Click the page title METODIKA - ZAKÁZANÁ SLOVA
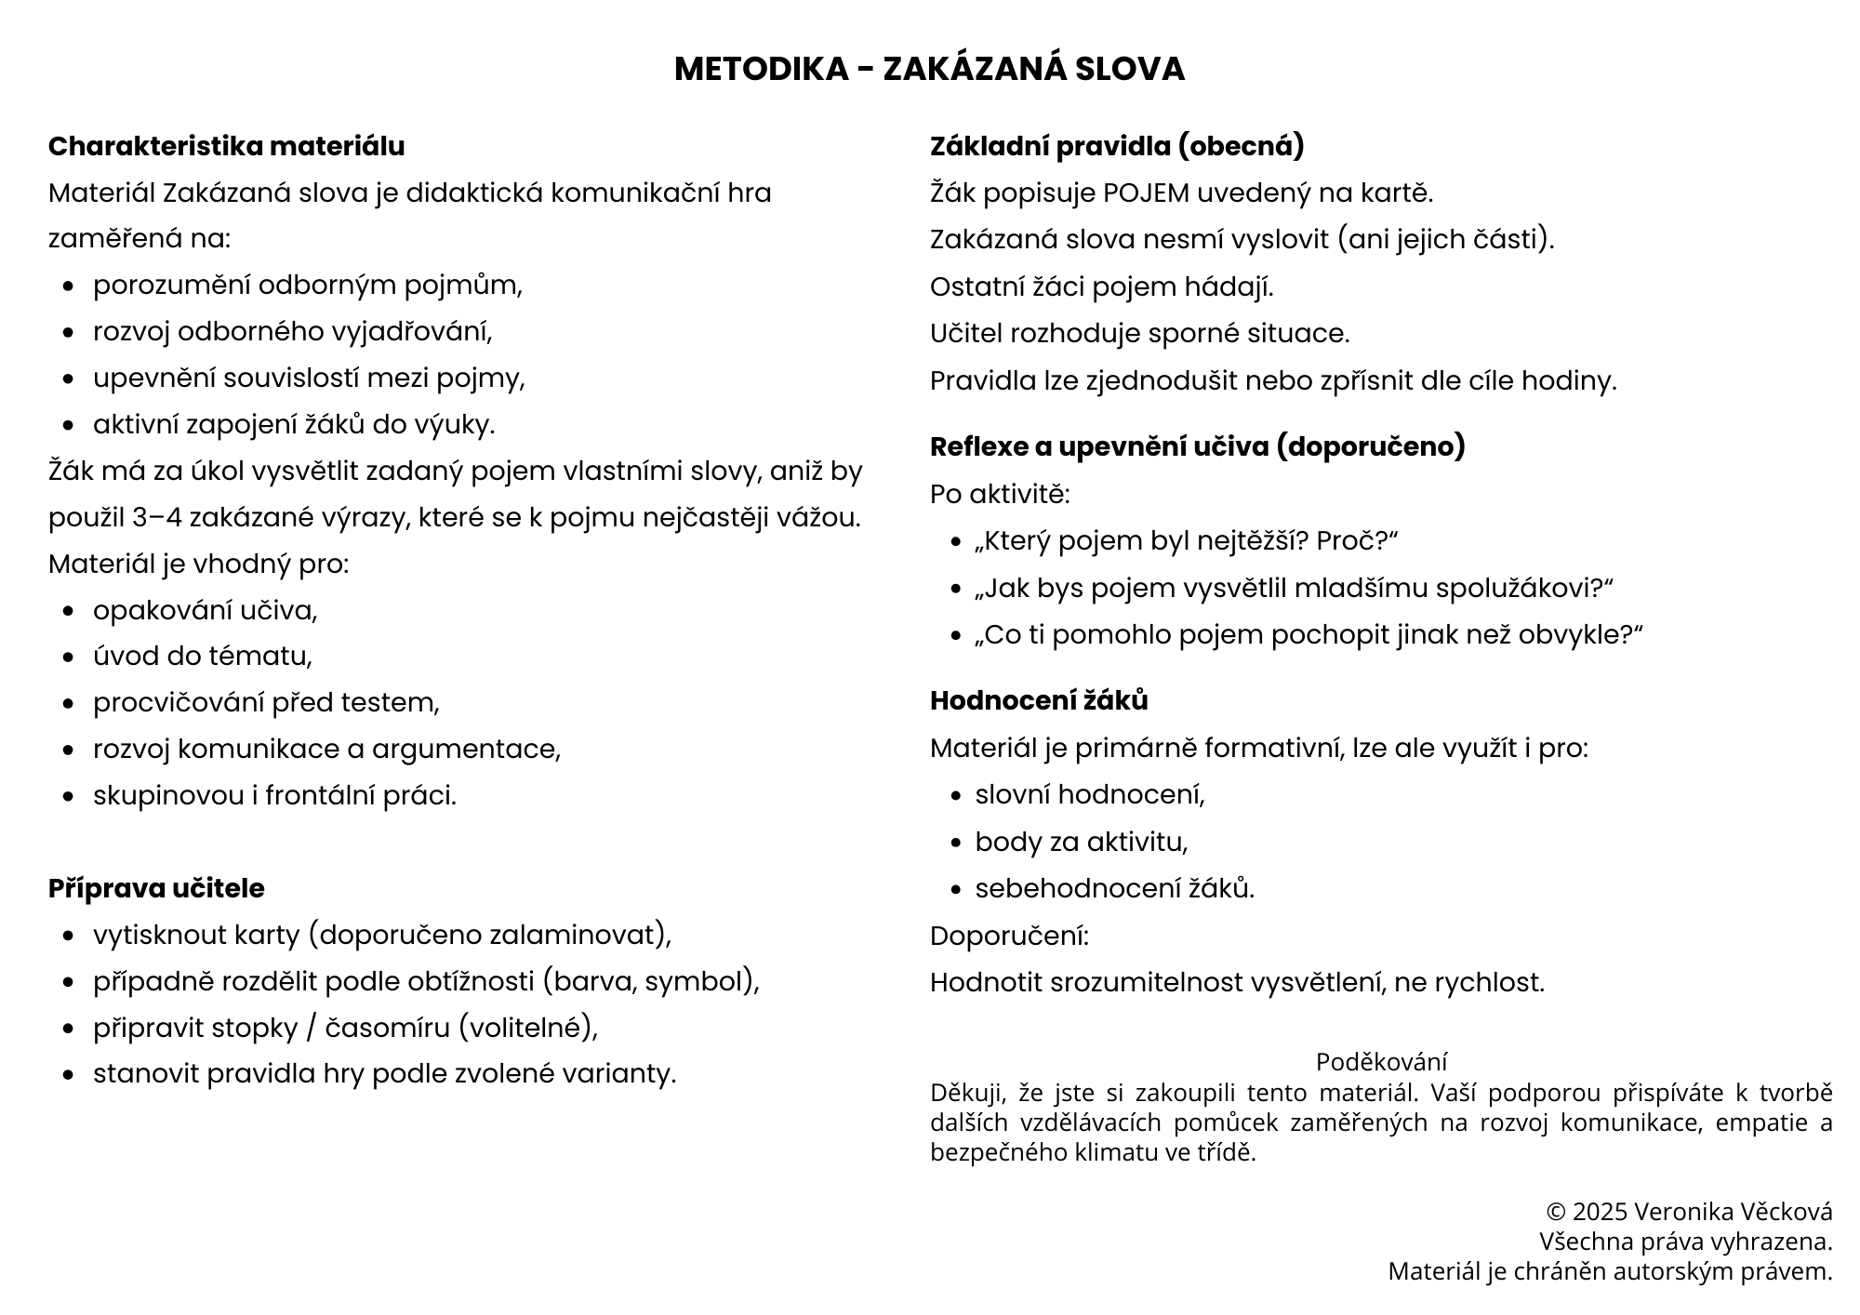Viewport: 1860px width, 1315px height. [929, 69]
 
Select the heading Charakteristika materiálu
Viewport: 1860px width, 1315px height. [226, 146]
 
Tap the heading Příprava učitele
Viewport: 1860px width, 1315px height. [156, 888]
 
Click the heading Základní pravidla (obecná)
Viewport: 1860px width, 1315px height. [1117, 146]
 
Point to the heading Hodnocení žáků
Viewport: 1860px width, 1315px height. [1039, 700]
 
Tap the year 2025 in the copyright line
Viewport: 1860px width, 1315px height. [1600, 1212]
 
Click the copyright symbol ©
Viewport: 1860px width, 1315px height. [1555, 1212]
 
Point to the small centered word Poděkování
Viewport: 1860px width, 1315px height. [1381, 1062]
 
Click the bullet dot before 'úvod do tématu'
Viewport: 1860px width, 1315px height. [68, 657]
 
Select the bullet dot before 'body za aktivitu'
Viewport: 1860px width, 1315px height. [956, 843]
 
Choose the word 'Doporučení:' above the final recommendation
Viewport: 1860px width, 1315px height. [1009, 936]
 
